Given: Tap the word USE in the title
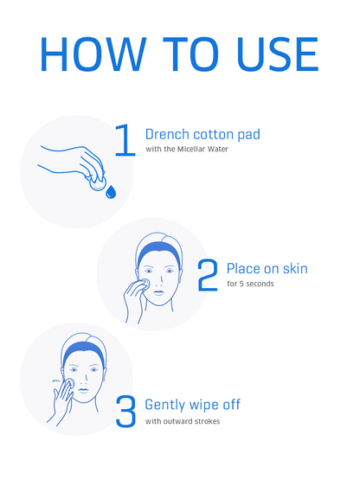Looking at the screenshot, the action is (x=278, y=54).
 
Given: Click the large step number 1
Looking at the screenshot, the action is (x=125, y=140).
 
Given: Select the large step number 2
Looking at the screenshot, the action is (x=208, y=275).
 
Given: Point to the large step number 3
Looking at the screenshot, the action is (x=125, y=412).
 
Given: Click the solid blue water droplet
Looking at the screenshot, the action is (x=111, y=192).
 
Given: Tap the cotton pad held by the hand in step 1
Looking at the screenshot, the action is (x=98, y=182).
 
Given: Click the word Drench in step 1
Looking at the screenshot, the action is (x=167, y=134).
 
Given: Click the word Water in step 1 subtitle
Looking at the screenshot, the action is (x=218, y=149).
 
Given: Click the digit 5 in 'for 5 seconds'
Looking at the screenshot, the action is (x=241, y=284).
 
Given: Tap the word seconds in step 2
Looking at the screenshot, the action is (x=260, y=284).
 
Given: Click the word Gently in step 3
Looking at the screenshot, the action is (x=165, y=406).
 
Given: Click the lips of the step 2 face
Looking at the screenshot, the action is (x=158, y=292).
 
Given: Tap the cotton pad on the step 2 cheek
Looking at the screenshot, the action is (x=145, y=284).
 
